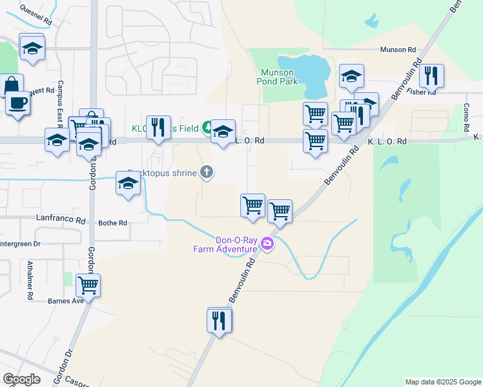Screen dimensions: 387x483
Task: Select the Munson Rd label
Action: (x=398, y=50)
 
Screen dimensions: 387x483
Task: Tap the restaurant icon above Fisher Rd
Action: (x=431, y=75)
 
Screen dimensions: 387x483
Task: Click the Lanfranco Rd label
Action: (x=62, y=220)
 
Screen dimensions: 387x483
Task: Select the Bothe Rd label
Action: (x=113, y=223)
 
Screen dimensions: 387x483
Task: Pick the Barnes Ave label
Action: (x=66, y=301)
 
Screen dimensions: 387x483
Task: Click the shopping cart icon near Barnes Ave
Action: (x=88, y=284)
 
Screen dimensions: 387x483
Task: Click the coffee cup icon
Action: (x=18, y=103)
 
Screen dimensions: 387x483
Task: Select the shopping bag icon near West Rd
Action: (x=12, y=84)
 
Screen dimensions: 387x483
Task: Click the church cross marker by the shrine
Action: (x=207, y=172)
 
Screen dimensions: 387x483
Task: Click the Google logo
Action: (x=21, y=379)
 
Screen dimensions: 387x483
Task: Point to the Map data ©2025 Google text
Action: (x=443, y=382)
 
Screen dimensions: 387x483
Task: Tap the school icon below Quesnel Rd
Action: (x=32, y=48)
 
